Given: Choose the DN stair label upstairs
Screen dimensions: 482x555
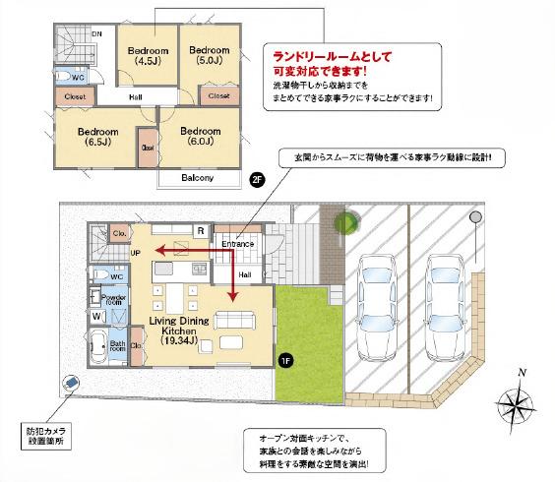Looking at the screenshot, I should point(96,34).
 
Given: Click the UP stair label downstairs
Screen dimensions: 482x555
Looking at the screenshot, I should point(135,253).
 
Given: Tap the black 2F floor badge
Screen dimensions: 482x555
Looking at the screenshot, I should point(258,180).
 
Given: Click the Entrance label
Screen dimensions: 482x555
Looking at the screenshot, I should point(238,244).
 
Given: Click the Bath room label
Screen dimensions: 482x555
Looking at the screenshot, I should point(118,346).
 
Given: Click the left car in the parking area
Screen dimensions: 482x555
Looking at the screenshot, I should point(375,305).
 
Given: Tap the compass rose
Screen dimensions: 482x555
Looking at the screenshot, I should point(518,404).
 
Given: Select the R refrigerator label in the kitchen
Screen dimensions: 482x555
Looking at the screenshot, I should point(200,232).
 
